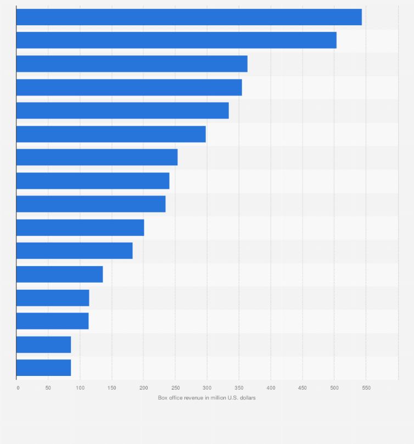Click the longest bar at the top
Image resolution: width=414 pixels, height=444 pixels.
[x=189, y=17]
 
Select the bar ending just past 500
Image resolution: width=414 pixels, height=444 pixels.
[x=176, y=41]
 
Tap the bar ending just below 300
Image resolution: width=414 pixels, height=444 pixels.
[x=111, y=134]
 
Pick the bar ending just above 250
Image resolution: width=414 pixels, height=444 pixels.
[x=97, y=158]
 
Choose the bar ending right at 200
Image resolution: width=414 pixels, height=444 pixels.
[x=80, y=228]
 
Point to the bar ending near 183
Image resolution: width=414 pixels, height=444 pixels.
[x=74, y=251]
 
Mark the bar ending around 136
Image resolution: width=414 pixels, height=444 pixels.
[x=59, y=274]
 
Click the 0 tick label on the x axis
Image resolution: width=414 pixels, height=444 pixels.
[x=18, y=388]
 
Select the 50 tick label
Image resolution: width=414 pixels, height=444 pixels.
[x=48, y=388]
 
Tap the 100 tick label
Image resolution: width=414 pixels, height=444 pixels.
[x=80, y=388]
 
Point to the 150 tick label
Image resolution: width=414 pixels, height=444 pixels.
[x=112, y=388]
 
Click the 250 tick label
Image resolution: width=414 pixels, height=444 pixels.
[x=175, y=388]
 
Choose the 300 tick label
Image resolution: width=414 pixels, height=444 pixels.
[x=207, y=388]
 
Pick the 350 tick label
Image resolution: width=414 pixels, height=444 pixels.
[x=239, y=388]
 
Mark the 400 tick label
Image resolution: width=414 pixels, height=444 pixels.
[x=271, y=388]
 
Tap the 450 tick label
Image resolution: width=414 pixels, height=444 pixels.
[x=303, y=388]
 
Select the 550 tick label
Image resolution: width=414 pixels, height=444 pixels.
[x=366, y=388]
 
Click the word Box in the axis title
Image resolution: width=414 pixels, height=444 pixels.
[x=163, y=398]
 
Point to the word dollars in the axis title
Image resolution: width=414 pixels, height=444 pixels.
[x=247, y=398]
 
